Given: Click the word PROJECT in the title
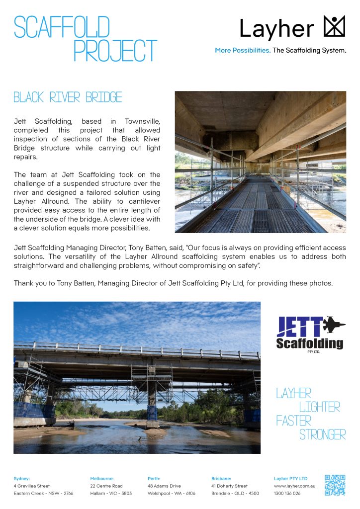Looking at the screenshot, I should click(x=115, y=51).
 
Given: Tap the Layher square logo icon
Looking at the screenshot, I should click(x=334, y=26).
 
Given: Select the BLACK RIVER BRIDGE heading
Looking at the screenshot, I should click(x=68, y=97).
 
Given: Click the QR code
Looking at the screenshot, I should click(x=335, y=485).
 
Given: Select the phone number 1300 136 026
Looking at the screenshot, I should click(x=287, y=493).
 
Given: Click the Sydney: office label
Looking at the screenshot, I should click(x=22, y=478).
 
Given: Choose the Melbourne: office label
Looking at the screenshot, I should click(x=102, y=478).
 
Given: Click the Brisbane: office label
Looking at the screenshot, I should click(x=221, y=478).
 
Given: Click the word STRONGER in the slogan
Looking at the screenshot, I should click(x=322, y=435).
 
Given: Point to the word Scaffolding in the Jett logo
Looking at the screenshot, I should click(x=309, y=343).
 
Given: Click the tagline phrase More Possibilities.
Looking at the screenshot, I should click(x=243, y=50).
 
